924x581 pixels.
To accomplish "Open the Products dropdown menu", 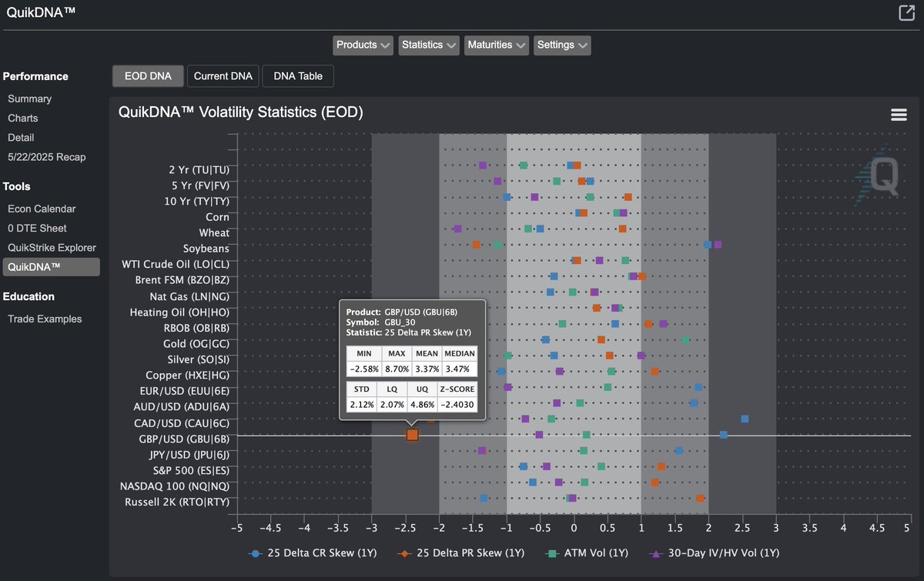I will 363,45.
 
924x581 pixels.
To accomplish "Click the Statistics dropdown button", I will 429,45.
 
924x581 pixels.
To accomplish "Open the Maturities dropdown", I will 496,45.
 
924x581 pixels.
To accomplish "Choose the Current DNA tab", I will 223,76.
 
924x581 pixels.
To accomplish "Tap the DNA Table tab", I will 298,76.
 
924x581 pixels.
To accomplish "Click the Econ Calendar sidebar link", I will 42,209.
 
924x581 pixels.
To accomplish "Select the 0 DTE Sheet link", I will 37,229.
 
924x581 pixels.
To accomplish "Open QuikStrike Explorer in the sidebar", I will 52,248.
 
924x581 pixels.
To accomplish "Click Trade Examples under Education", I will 45,319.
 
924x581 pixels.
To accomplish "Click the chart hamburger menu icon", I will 898,115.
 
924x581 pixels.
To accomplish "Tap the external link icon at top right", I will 906,12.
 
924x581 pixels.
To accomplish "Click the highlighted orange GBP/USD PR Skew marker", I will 412,436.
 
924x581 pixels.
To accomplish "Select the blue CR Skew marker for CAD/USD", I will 745,419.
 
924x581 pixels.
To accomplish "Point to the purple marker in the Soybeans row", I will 718,245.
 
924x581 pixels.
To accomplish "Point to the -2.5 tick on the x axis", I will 406,529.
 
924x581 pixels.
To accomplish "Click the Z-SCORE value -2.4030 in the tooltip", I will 457,404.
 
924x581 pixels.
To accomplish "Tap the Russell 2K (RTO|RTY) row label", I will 176,503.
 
